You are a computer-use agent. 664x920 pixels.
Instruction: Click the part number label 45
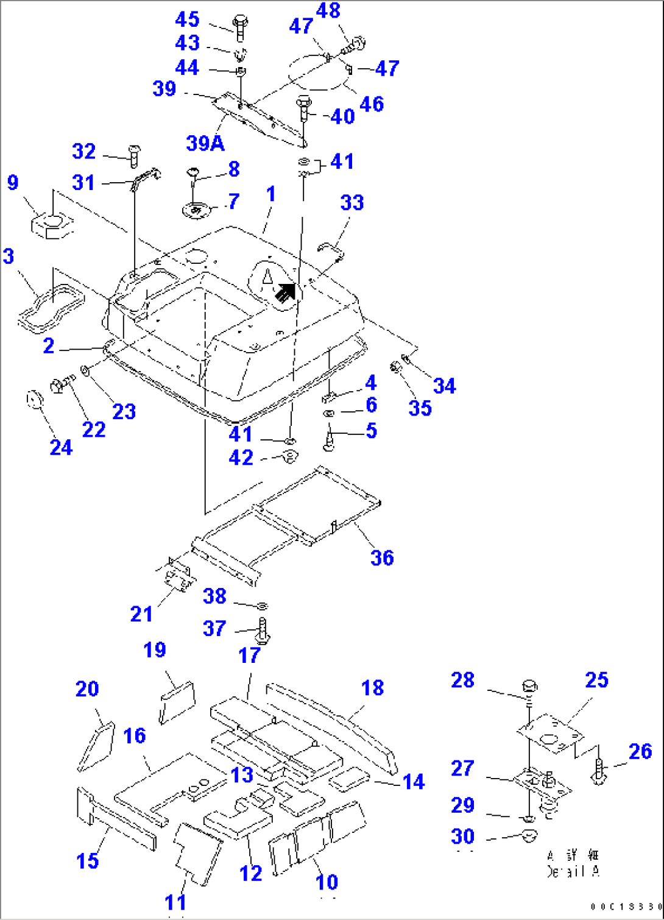(x=187, y=19)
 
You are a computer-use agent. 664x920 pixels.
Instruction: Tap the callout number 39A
(x=205, y=143)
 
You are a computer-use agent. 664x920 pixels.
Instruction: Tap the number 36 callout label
(x=382, y=557)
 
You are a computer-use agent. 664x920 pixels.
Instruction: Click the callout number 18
(x=372, y=688)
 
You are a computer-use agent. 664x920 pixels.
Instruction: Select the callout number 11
(x=175, y=902)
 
